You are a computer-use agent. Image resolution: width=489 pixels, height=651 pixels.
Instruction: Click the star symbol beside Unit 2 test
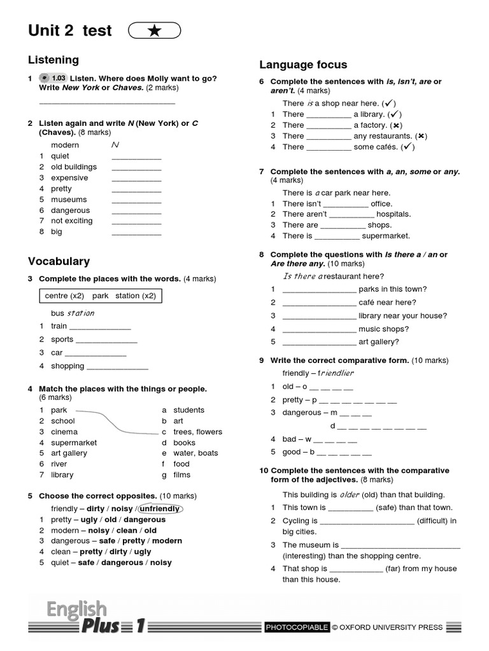point(154,31)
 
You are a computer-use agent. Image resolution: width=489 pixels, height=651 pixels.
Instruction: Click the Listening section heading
point(53,60)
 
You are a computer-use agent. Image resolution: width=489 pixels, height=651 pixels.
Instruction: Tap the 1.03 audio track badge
point(54,78)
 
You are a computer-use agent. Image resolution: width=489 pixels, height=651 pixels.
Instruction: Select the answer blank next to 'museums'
point(136,200)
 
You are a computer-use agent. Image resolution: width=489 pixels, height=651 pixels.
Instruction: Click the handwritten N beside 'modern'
point(115,145)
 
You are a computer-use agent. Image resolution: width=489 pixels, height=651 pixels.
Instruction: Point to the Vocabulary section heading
point(59,261)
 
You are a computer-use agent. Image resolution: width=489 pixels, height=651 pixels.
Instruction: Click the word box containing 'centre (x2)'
point(100,296)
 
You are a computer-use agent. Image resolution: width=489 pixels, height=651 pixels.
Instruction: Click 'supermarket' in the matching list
point(74,442)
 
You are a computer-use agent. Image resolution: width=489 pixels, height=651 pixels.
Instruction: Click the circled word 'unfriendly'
point(160,509)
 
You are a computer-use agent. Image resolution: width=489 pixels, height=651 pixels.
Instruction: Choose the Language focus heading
point(303,65)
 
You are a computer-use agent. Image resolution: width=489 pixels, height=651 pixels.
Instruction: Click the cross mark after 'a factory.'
point(397,125)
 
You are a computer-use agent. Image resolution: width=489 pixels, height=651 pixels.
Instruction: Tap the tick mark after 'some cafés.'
point(408,147)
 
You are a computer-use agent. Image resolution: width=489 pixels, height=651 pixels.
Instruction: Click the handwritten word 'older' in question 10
point(350,495)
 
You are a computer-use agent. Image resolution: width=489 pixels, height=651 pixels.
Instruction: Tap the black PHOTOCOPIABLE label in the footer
point(297,627)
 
